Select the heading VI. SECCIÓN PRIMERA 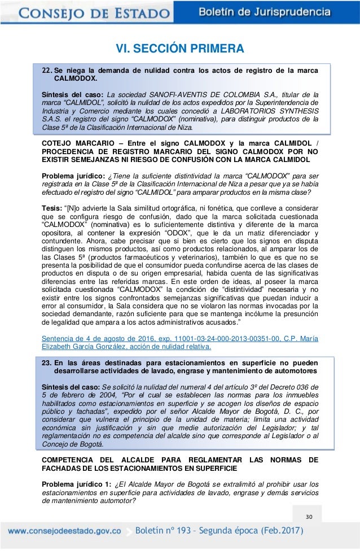[180, 49]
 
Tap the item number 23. [47, 362]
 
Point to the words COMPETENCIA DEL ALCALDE [100, 459]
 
